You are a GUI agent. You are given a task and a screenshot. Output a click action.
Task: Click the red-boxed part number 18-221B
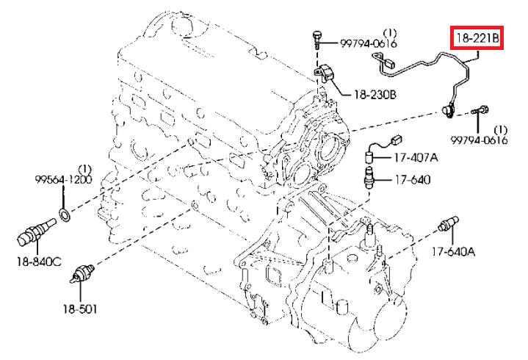(x=476, y=35)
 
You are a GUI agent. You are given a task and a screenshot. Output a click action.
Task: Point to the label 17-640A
(x=453, y=252)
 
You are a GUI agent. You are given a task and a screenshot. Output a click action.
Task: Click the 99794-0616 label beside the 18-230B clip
(x=368, y=44)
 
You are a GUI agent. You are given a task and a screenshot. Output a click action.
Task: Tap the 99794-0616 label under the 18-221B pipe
(x=480, y=140)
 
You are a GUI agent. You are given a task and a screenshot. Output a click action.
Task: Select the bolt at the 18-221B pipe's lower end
(x=482, y=112)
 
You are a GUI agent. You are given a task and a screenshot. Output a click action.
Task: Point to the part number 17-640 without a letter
(x=411, y=179)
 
